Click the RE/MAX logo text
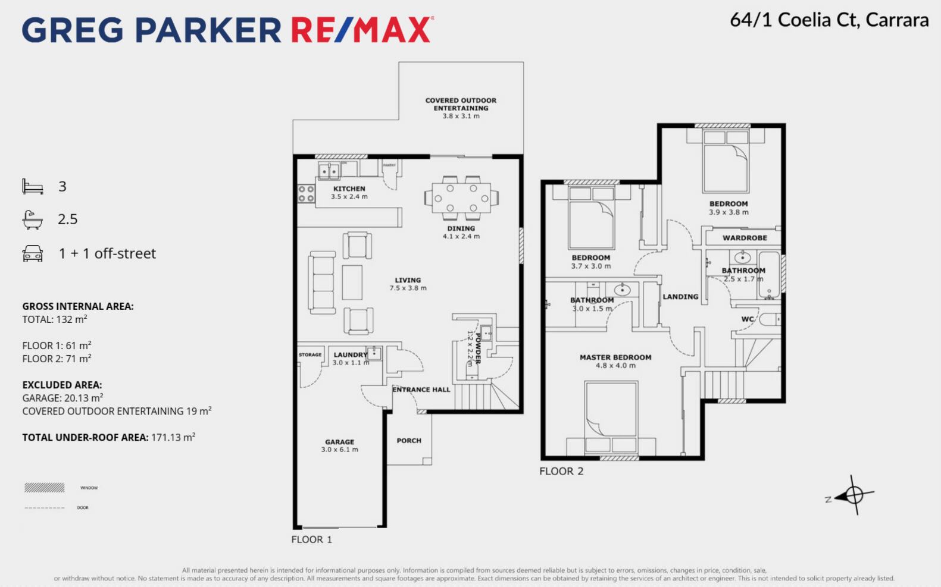(x=361, y=30)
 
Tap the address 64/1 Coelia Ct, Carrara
(x=829, y=20)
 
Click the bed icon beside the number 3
(x=33, y=187)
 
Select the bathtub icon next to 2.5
(x=33, y=219)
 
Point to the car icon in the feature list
(x=33, y=254)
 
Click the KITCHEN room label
(x=349, y=189)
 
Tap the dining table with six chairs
(x=461, y=197)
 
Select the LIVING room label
(x=408, y=280)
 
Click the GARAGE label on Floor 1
(x=339, y=442)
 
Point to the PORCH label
(x=409, y=441)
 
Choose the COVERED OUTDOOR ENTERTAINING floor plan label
(x=461, y=104)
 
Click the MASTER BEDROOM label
(x=615, y=357)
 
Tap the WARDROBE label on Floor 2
(x=745, y=238)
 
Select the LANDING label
(x=680, y=297)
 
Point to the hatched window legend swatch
(x=44, y=488)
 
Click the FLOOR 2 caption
(x=561, y=472)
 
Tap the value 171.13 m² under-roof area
(x=173, y=438)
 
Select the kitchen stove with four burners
(x=306, y=194)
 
